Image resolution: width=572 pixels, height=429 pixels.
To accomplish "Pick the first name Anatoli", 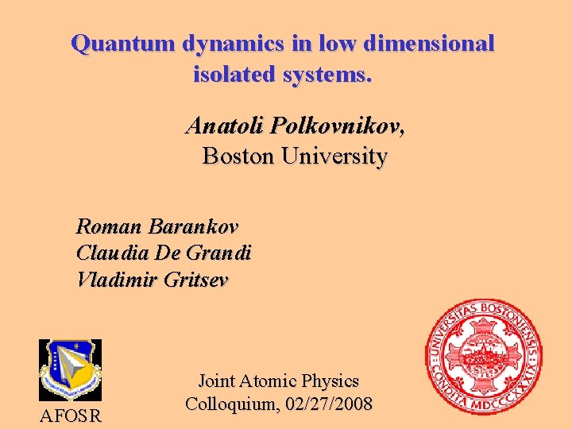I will pos(224,126).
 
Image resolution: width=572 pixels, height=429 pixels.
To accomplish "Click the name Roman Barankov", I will pos(157,226).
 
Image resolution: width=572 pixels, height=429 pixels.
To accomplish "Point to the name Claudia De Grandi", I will pos(164,253).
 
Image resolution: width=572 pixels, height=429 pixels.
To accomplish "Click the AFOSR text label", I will pos(70,415).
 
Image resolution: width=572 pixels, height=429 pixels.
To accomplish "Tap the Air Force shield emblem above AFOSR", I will pos(70,369).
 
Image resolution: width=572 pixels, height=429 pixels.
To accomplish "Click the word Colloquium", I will pos(231,404).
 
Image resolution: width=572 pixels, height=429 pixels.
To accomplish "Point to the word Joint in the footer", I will pos(216,381).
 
